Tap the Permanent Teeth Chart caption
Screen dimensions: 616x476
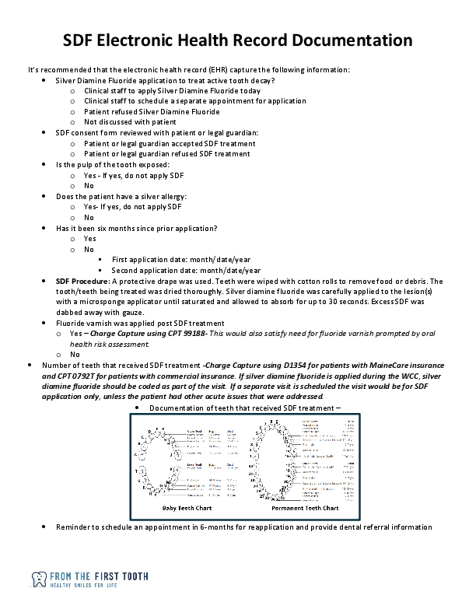305,508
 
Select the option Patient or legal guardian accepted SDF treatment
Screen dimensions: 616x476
170,143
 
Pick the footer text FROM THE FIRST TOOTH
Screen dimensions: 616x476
99,576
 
